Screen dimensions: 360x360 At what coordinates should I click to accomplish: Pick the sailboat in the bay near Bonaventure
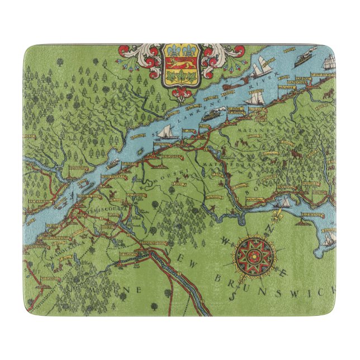click(285, 201)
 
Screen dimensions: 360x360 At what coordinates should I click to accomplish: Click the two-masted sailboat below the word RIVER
click(256, 98)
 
